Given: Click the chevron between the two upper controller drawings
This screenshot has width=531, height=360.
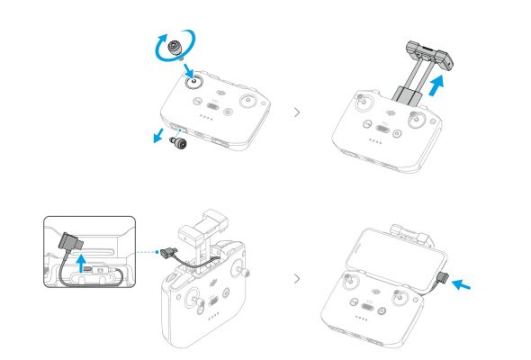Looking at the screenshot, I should pos(298,113).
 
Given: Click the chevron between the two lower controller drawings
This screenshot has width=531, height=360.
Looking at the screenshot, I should pos(298,278).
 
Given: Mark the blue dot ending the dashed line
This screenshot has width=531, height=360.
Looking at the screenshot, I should pos(159,251).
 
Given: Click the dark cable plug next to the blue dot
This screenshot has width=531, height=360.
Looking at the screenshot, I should pos(172,254).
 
